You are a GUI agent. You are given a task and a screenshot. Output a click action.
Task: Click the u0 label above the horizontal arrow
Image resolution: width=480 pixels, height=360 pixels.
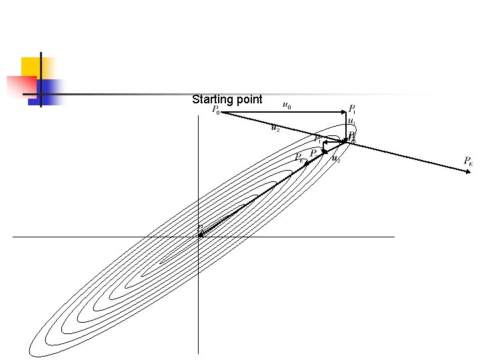coord(287,105)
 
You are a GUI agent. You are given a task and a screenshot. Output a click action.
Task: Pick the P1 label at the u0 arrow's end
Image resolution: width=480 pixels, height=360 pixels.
coord(353,109)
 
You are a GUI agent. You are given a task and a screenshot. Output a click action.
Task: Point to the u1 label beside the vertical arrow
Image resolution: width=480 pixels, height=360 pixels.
coord(351,122)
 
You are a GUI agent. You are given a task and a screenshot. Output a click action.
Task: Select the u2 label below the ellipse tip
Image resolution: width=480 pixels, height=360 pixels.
coord(337,159)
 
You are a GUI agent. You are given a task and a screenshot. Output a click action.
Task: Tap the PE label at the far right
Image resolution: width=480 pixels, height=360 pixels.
coord(469,161)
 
